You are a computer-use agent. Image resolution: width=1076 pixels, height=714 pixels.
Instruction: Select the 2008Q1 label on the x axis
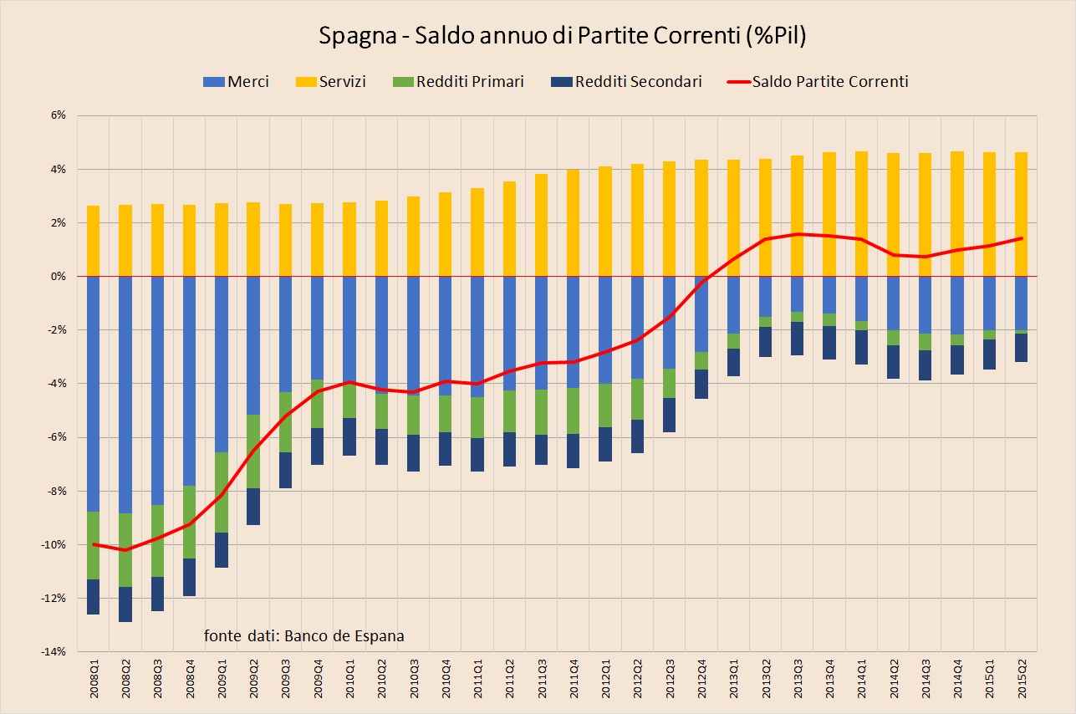pyautogui.click(x=94, y=679)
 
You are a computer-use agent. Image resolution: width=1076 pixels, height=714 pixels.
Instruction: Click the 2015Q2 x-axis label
pyautogui.click(x=1021, y=679)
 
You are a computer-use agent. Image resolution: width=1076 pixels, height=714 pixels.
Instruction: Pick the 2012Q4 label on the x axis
pyautogui.click(x=701, y=679)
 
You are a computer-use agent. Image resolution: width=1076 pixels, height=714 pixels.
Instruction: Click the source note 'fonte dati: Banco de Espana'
pyautogui.click(x=303, y=635)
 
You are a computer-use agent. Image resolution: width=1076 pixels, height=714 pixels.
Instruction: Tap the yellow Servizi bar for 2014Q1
pyautogui.click(x=860, y=213)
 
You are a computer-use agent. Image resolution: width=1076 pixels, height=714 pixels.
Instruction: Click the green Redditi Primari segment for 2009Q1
pyautogui.click(x=222, y=492)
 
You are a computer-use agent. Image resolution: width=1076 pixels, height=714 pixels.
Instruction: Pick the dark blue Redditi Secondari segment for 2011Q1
pyautogui.click(x=477, y=454)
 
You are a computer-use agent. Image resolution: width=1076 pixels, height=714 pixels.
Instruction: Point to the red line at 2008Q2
pyautogui.click(x=125, y=549)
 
